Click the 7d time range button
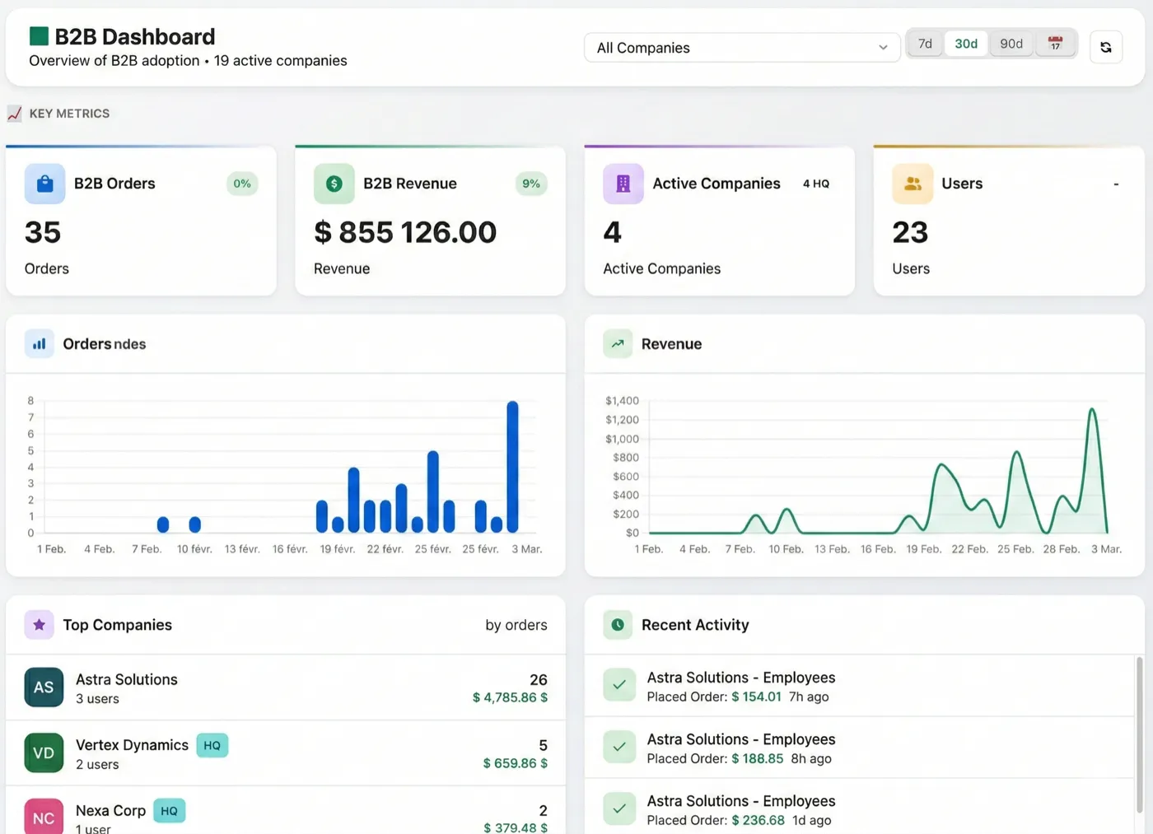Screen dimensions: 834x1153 (925, 44)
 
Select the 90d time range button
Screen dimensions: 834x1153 (1011, 44)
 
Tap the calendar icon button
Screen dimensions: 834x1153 (1055, 44)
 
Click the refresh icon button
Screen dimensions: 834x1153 (1105, 48)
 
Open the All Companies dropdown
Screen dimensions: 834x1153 (741, 48)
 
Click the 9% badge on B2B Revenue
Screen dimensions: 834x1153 (531, 184)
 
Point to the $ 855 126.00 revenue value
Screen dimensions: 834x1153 (405, 233)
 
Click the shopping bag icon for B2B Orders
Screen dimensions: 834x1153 (45, 184)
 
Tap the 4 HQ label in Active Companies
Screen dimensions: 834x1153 (815, 184)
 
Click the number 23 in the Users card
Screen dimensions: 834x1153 (910, 233)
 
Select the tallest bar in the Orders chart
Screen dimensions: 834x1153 (512, 467)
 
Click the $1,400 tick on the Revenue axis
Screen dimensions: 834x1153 (622, 401)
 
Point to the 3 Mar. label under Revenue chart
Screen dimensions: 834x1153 (1106, 549)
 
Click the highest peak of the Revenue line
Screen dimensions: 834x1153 (1092, 409)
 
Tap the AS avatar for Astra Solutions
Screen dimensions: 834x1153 (44, 687)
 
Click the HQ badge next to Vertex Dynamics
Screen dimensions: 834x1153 (212, 746)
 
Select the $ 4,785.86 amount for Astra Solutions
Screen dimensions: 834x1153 (510, 698)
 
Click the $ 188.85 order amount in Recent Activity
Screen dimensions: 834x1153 (757, 759)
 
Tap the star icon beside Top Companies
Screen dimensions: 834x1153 (39, 625)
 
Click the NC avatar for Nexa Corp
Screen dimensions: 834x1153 (44, 817)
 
